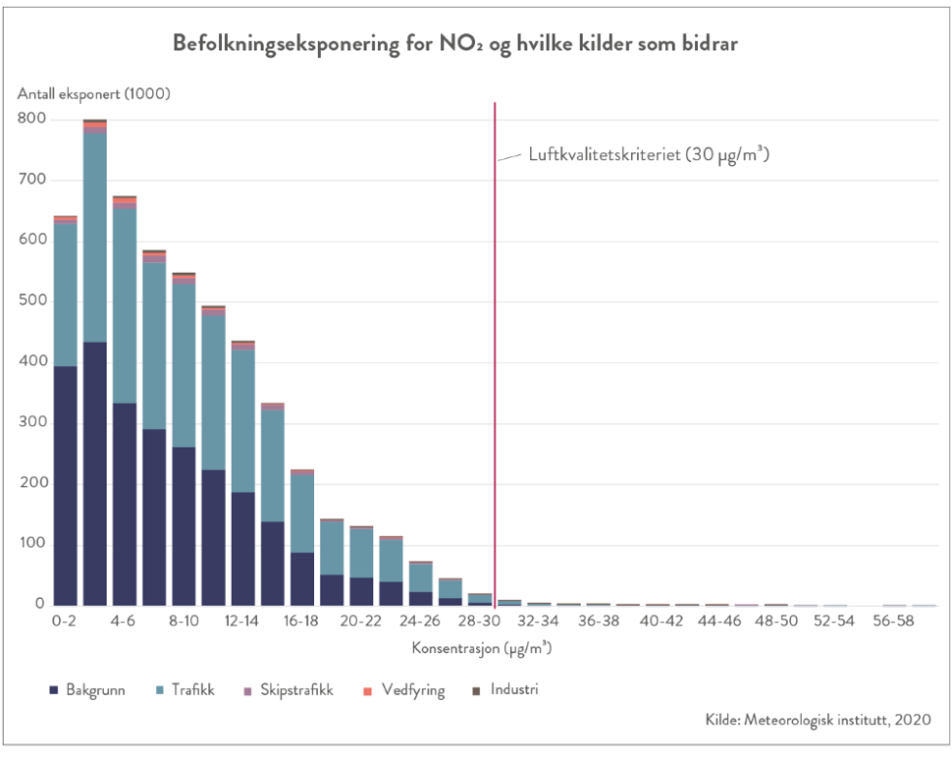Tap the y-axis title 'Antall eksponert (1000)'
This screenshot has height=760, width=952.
click(x=94, y=94)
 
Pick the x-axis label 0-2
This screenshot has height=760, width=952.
click(x=66, y=622)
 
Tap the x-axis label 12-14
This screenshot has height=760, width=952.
click(x=242, y=622)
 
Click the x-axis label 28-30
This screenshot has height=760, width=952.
click(x=479, y=622)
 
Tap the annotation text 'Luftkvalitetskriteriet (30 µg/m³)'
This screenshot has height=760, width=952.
click(x=648, y=155)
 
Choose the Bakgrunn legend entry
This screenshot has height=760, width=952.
click(x=87, y=690)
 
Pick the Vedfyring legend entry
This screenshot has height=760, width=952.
click(x=403, y=690)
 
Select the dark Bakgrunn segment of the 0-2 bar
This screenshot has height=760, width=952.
click(x=66, y=486)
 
